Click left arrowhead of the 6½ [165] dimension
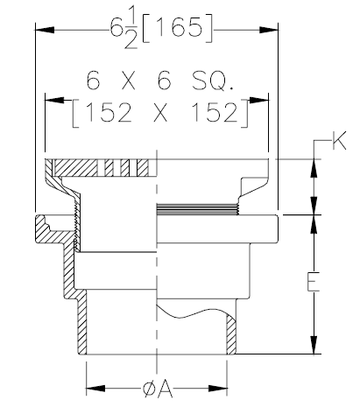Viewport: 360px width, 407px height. coord(40,29)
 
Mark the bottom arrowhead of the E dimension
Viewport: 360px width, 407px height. coord(313,348)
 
